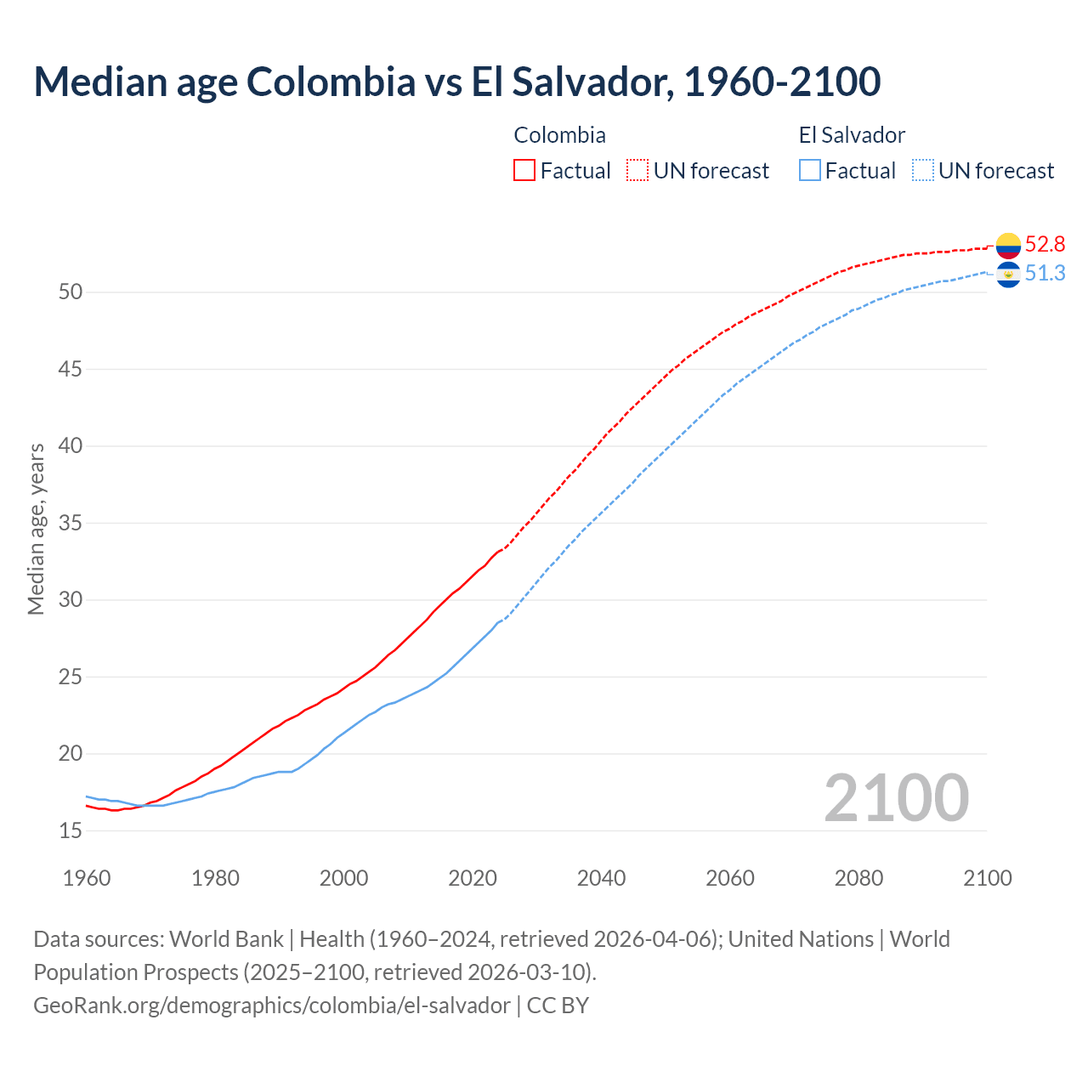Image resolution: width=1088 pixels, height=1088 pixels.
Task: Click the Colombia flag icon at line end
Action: [1008, 246]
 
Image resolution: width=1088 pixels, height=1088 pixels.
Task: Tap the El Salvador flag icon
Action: [1008, 274]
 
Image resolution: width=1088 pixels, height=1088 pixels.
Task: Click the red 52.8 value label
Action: [1045, 245]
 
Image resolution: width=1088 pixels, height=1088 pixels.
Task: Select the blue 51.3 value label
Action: [1045, 273]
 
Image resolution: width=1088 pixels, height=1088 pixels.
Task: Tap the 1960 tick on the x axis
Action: [87, 878]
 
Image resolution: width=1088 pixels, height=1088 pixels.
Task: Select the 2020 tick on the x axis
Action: [473, 878]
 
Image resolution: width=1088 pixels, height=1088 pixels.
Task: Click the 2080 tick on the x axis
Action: [858, 878]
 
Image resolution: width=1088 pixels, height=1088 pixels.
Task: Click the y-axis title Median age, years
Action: [36, 529]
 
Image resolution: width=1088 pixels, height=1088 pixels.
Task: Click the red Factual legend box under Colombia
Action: [524, 171]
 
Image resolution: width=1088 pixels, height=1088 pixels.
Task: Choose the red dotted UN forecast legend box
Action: [637, 171]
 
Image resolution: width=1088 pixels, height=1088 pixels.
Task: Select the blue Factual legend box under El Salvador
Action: [810, 171]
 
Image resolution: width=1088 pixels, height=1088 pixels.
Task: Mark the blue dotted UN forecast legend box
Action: [923, 171]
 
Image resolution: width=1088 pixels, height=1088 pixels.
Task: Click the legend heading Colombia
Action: [559, 135]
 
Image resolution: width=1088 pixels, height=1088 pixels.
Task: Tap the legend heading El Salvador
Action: [852, 135]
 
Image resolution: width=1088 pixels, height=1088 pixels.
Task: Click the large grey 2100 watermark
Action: [896, 798]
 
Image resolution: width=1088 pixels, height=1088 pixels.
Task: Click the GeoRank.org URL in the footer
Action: [272, 1006]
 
